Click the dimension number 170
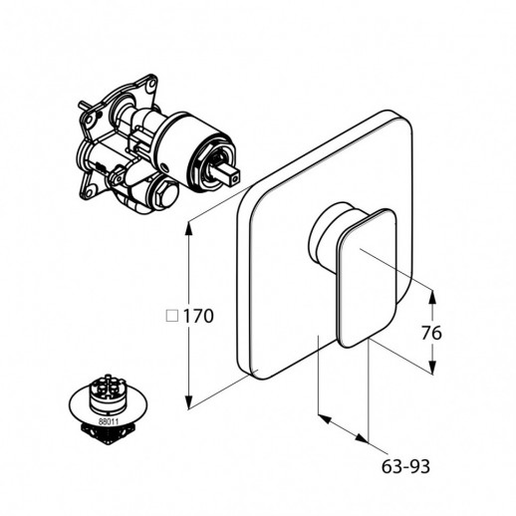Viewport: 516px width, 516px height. coord(198,316)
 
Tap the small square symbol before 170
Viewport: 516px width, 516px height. coord(172,316)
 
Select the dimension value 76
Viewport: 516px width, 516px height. coord(431,333)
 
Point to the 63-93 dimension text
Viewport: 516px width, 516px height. coord(405,466)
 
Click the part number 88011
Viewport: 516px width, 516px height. coord(107,421)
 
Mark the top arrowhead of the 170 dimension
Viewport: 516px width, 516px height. coord(188,228)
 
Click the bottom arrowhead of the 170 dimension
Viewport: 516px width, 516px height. coord(188,401)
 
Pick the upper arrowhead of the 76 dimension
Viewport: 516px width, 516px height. coord(432,297)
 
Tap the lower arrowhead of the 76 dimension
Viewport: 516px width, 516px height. coord(432,367)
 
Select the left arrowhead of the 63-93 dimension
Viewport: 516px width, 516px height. coord(325,418)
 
